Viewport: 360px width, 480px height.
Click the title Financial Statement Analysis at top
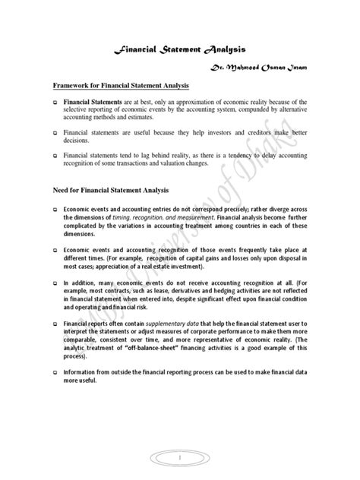pyautogui.click(x=179, y=50)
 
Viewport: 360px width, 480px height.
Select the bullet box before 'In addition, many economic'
pyautogui.click(x=54, y=281)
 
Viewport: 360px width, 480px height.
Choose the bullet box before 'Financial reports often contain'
pyautogui.click(x=54, y=323)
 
